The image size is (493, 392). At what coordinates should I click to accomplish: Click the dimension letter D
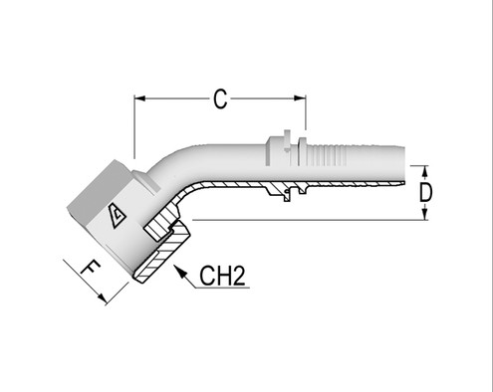426,192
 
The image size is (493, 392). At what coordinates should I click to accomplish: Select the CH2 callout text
223,276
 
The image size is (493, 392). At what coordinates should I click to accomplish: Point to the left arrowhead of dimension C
140,98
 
